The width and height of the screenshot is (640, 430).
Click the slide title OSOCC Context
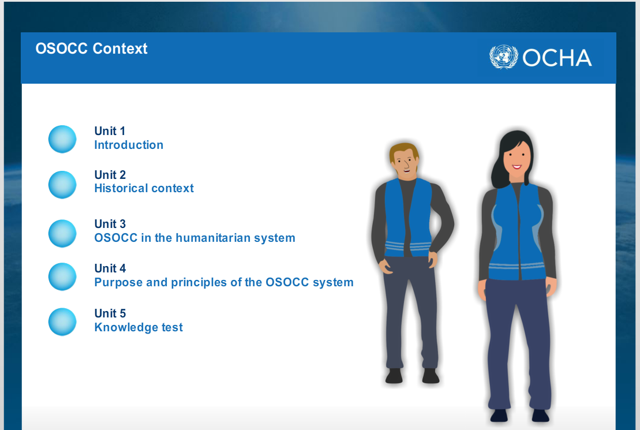(91, 48)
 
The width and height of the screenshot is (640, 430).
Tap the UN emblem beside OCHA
(504, 57)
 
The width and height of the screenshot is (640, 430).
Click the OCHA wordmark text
(557, 58)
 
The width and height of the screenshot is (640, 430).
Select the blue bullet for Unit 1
(62, 139)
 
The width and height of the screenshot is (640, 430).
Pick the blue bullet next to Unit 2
(62, 185)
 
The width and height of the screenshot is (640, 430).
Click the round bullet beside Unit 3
(62, 234)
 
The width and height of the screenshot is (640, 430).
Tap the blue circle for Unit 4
(62, 276)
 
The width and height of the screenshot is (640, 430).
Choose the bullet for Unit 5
(62, 322)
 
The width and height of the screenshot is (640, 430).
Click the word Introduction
(129, 145)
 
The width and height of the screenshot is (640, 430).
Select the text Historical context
(144, 188)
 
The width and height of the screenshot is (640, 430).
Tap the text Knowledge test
(139, 327)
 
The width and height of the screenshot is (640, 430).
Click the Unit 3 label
(110, 224)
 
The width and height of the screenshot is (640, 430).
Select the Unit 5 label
(110, 313)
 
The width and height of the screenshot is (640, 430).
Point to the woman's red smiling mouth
(517, 167)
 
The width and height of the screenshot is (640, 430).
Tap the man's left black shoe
(394, 376)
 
